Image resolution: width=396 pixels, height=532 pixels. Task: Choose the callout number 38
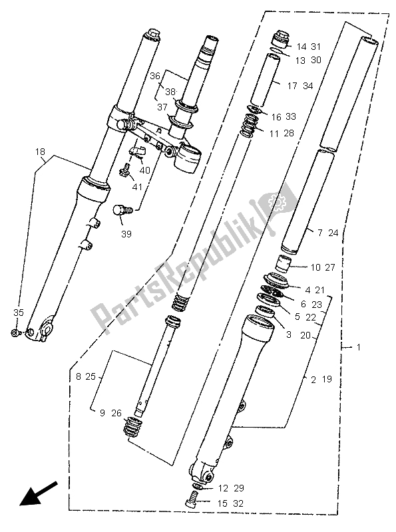click(x=170, y=92)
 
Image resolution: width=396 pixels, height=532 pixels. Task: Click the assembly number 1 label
click(x=360, y=347)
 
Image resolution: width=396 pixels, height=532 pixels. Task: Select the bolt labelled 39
click(x=121, y=210)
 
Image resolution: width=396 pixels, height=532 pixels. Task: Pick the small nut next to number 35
click(x=15, y=332)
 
